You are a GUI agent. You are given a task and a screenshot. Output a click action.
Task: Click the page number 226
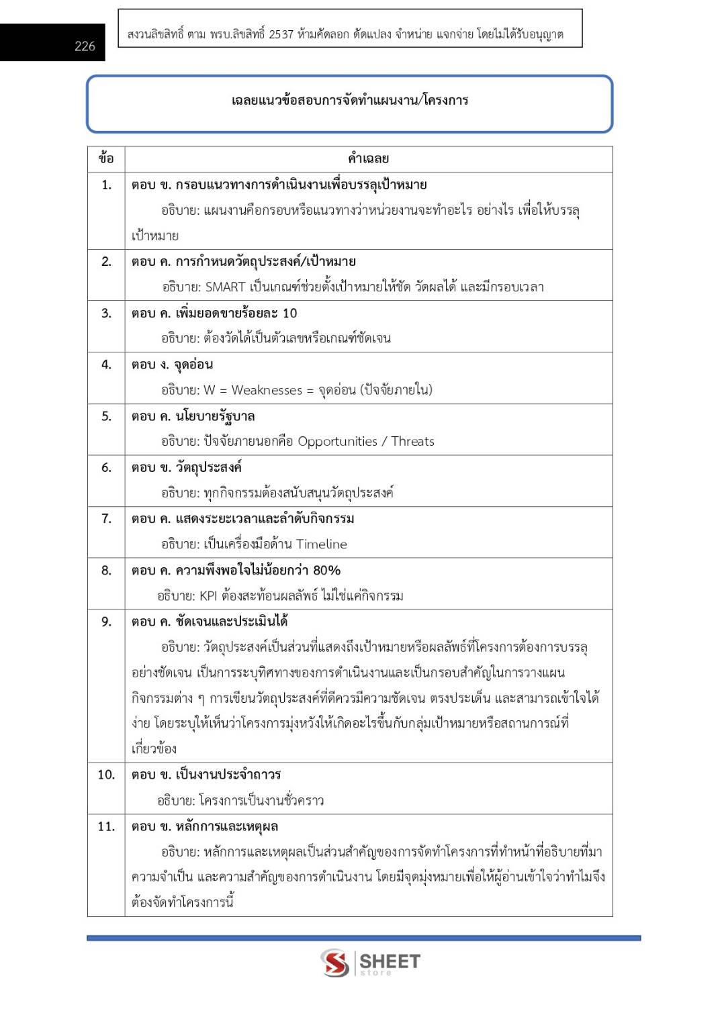[x=85, y=46]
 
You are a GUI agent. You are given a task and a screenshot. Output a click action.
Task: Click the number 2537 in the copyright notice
[x=281, y=34]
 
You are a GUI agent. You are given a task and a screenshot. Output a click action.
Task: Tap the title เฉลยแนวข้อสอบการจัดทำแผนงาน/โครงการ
[x=349, y=101]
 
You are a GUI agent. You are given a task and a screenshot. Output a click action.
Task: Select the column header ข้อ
[x=106, y=159]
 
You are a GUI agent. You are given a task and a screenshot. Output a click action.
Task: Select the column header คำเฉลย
[x=368, y=159]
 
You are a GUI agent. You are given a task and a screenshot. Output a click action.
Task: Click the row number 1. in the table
[x=106, y=185]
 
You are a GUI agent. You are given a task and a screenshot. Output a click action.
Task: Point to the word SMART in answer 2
[x=225, y=287]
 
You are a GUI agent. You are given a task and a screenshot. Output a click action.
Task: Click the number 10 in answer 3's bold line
[x=289, y=313]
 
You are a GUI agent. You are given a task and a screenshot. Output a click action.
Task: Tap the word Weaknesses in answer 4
[x=267, y=390]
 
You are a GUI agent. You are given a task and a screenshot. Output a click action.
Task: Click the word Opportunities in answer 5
[x=337, y=442]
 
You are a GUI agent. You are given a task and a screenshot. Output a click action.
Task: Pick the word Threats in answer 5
[x=412, y=442]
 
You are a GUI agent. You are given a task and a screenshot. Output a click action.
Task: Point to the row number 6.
[x=106, y=467]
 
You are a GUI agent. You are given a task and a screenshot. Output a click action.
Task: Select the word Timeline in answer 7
[x=322, y=544]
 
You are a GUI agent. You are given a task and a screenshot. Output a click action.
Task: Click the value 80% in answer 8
[x=326, y=571]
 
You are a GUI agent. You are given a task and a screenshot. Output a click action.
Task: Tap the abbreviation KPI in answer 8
[x=208, y=596]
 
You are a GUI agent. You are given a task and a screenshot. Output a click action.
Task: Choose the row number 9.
[x=106, y=622]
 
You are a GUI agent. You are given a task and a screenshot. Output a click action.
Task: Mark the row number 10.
[x=106, y=775]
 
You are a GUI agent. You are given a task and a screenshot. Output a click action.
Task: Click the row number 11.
[x=106, y=826]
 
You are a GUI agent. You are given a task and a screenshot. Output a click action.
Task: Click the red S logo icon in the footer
[x=334, y=963]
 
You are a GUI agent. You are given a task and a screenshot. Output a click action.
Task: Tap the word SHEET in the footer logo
[x=390, y=961]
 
